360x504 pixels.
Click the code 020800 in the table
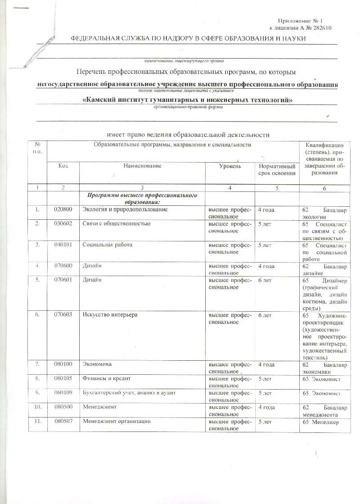pos(63,209)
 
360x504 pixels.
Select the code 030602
pos(63,224)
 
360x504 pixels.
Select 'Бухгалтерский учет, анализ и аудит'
pos(129,393)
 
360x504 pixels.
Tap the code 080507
pos(63,422)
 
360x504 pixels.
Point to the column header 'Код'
pos(63,166)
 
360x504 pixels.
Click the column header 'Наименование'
pos(142,166)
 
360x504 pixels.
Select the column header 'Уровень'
pos(229,166)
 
